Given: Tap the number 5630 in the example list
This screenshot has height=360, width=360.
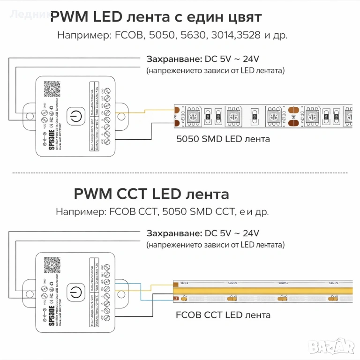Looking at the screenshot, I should click(x=191, y=36).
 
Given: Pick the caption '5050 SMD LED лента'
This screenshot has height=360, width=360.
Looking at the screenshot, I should click(x=223, y=139).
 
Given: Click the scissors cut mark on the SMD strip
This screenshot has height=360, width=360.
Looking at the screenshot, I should click(x=293, y=116).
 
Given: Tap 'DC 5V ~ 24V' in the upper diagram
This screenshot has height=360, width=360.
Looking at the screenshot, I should click(x=232, y=59).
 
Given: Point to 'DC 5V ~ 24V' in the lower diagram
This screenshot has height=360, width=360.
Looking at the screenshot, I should click(x=232, y=233).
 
